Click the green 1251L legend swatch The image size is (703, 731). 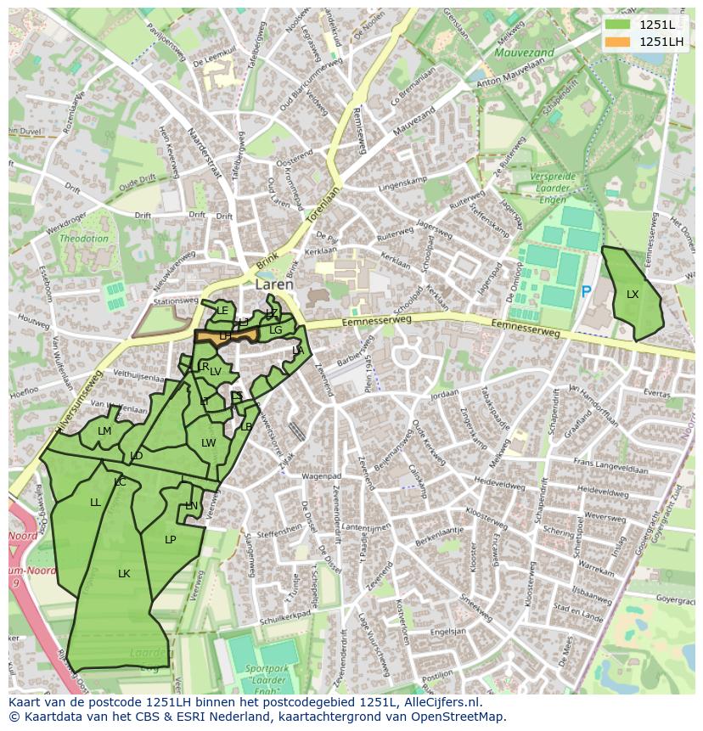coord(617,25)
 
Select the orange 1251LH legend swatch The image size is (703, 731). coord(617,42)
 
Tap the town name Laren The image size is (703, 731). coord(274,285)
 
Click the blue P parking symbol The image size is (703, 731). coord(586,292)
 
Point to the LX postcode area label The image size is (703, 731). coord(633,295)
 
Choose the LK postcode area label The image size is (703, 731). coord(124,574)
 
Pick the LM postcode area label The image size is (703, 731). coord(104,431)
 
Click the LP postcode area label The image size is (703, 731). coord(170,540)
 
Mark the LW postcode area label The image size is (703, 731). coord(208,443)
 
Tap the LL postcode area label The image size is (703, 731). coord(95,503)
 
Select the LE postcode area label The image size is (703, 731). coord(222,311)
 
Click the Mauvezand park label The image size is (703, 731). coord(524,53)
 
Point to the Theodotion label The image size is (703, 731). coord(83,239)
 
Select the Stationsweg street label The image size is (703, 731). coord(175,301)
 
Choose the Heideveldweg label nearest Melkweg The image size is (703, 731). coord(501,482)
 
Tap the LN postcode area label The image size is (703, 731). coord(192,506)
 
